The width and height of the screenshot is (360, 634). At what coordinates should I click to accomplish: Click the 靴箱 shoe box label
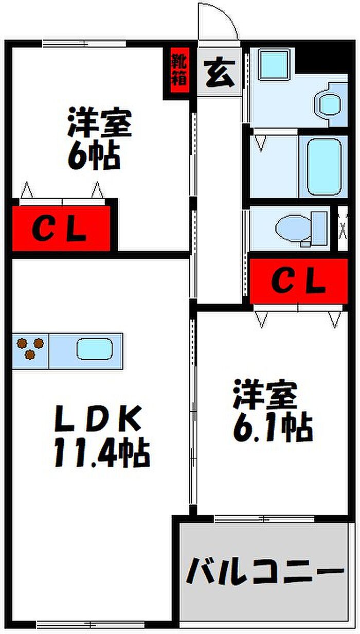tap(179, 69)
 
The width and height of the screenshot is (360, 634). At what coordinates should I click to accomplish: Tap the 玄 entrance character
tap(220, 73)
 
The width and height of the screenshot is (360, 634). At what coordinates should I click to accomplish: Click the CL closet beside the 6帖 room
tap(61, 228)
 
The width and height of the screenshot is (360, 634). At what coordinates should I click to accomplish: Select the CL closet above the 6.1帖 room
tap(299, 281)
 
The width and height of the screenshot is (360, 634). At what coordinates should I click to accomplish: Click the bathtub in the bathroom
tap(324, 167)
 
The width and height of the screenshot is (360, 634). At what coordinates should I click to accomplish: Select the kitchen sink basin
tap(95, 349)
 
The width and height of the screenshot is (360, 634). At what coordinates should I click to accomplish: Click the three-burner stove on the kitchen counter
tap(30, 348)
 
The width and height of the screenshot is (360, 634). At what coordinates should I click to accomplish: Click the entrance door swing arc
tap(223, 16)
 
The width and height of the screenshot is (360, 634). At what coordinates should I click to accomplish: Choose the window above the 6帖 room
tap(84, 44)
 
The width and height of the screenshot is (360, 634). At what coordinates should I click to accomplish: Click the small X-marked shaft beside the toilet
tap(343, 228)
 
